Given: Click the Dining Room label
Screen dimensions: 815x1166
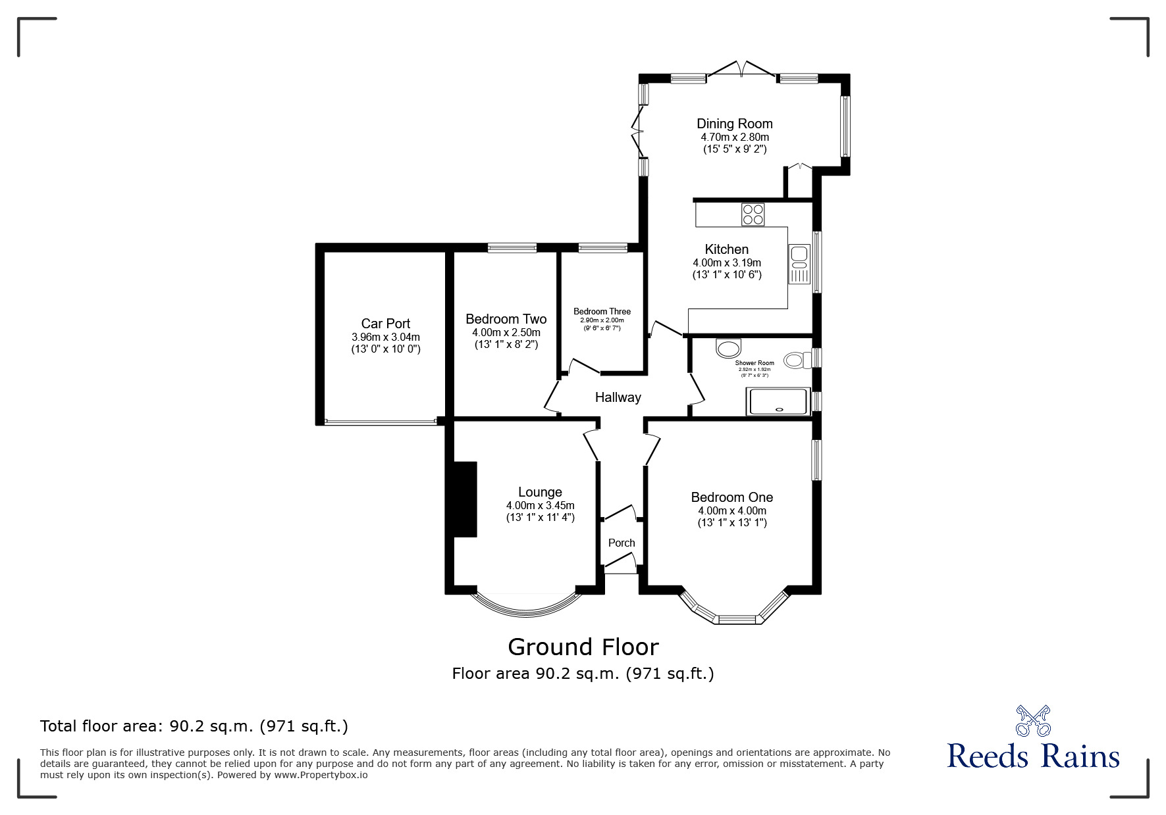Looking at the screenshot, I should [734, 124].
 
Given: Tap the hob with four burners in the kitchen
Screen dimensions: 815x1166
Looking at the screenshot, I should [753, 215].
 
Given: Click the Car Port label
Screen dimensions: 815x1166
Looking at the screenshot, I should [385, 324].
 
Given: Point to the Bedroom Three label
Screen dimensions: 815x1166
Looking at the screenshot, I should [602, 312].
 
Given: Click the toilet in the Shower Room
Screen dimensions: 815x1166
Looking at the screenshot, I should [795, 360].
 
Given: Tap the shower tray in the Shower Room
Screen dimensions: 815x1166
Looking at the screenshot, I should [778, 401].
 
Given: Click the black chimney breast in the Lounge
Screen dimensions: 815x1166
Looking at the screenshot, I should [465, 499].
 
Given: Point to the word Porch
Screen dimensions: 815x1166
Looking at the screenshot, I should [621, 543].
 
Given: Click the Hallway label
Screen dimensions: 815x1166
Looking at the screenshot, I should [618, 397].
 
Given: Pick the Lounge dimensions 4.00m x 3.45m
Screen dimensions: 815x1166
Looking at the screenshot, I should [540, 506].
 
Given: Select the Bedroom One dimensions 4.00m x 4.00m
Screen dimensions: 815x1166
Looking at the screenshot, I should [731, 511].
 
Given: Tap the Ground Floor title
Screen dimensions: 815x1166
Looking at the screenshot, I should [583, 647].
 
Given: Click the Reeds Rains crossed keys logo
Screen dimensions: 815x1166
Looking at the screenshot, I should [1033, 721].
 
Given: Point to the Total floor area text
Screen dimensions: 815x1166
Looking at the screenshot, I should [194, 726].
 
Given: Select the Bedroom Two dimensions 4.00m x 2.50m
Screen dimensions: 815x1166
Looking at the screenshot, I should [506, 333].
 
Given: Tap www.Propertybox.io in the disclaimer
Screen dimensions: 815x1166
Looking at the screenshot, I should [321, 775].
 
